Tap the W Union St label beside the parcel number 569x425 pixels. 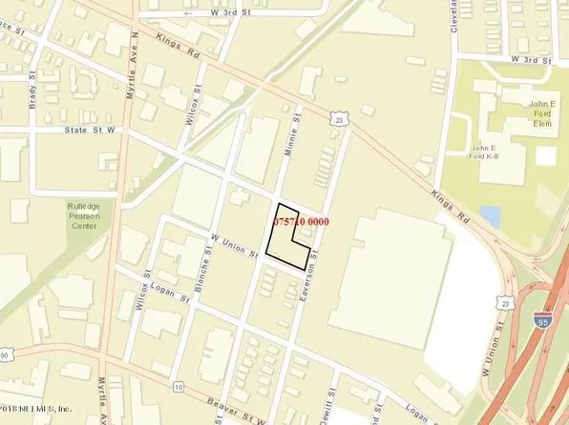235,246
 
